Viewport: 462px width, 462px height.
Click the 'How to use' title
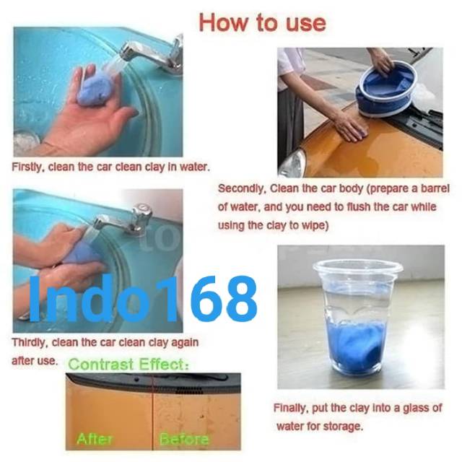tap(263, 22)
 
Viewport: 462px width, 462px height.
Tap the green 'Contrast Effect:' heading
tap(128, 364)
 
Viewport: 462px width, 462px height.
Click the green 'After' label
tap(95, 439)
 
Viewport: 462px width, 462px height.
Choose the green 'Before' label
tap(184, 439)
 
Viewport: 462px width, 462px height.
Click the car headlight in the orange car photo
tap(292, 164)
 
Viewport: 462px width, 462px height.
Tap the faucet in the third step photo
tap(123, 219)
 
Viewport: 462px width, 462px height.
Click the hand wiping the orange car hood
tap(351, 127)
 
